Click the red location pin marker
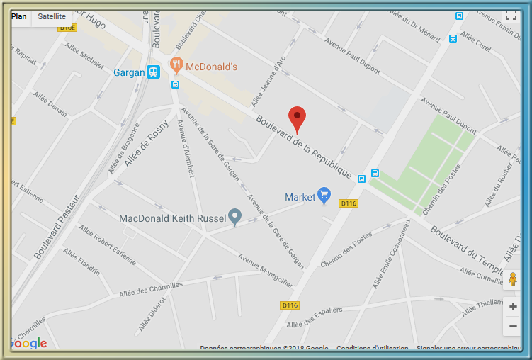tap(298, 118)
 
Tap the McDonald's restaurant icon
tap(177, 67)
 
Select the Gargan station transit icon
tap(153, 72)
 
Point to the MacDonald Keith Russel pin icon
tap(234, 217)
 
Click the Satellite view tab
tap(52, 16)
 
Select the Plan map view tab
tap(20, 16)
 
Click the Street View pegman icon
tap(513, 280)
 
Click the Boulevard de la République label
tap(305, 147)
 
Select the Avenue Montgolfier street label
tap(265, 270)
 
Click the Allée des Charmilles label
tap(151, 289)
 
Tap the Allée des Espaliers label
tap(314, 316)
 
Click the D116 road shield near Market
tap(349, 203)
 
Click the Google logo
tap(30, 344)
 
